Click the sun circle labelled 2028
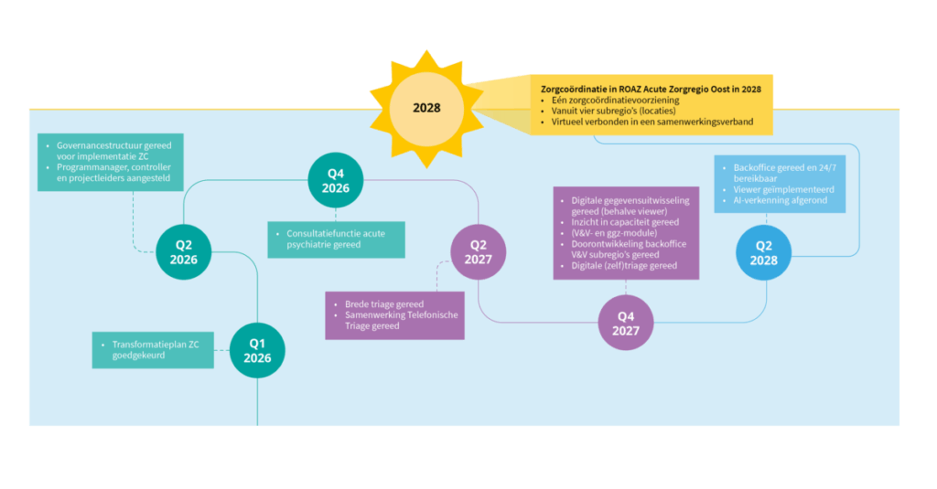click(426, 108)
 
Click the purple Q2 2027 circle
click(478, 251)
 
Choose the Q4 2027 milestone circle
click(626, 324)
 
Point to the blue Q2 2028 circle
click(765, 252)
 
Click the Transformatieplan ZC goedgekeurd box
click(153, 349)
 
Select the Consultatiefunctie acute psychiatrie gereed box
click(337, 239)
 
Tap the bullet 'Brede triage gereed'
click(384, 303)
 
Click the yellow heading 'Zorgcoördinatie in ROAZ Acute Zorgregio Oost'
click(651, 88)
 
